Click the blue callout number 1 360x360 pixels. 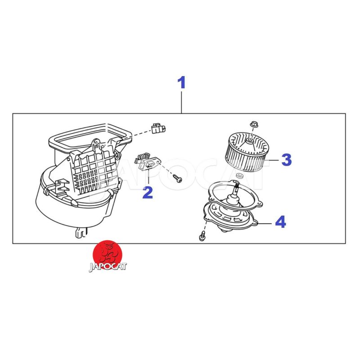[x=182, y=83]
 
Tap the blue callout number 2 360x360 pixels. [x=148, y=193]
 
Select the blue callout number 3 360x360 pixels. [x=286, y=160]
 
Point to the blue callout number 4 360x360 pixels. [x=280, y=222]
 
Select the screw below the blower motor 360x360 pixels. [x=202, y=236]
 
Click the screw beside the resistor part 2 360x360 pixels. [x=178, y=178]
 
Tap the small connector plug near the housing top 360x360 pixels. [x=158, y=129]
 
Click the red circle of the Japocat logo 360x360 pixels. [x=107, y=254]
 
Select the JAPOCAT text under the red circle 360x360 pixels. [x=108, y=267]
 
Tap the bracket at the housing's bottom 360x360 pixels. [x=81, y=233]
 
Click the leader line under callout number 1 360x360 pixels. [x=182, y=103]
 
